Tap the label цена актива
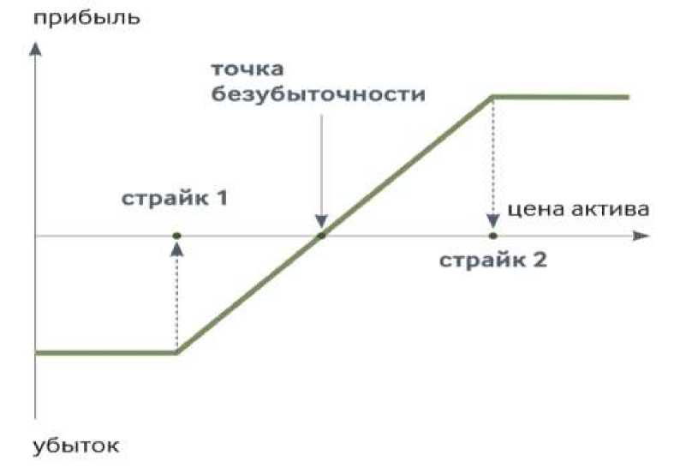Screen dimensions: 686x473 [570, 208]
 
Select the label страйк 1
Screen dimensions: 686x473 [174, 200]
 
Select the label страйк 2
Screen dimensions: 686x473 [492, 260]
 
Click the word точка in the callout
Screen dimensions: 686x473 [247, 68]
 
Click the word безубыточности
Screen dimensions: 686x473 [319, 93]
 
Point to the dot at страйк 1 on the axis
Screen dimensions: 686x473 [176, 236]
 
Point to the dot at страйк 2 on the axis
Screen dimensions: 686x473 [492, 236]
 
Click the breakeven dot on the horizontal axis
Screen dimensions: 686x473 [320, 236]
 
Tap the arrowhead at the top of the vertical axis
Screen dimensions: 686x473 [35, 49]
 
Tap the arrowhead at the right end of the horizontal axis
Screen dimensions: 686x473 [640, 236]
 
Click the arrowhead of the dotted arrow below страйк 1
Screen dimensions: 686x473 [176, 248]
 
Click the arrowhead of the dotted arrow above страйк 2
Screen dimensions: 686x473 [492, 221]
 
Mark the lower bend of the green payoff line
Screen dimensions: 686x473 [176, 352]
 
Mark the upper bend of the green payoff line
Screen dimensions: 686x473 [492, 98]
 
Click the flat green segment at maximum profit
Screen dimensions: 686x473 [561, 98]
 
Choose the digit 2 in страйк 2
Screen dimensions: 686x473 [538, 260]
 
